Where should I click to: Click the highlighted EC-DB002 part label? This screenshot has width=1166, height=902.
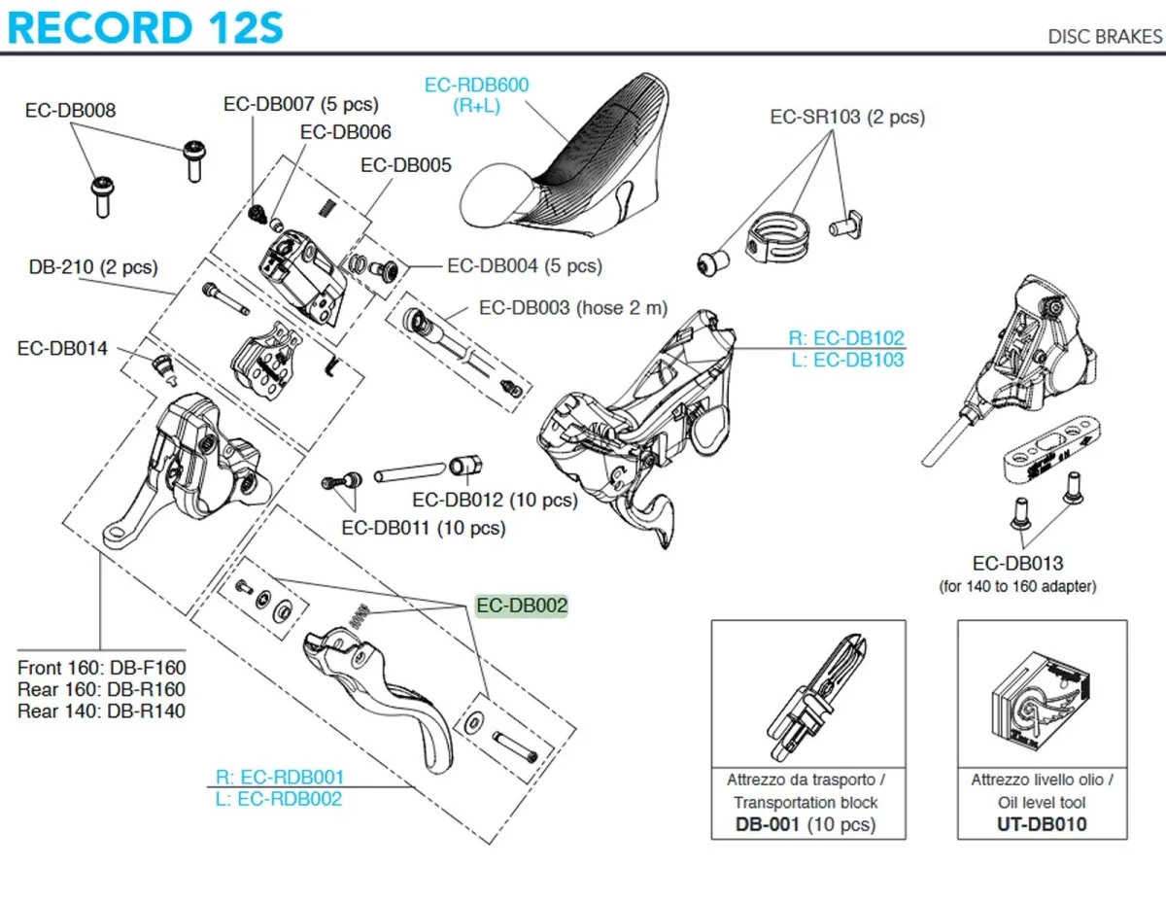point(522,606)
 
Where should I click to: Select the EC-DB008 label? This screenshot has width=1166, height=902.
point(70,110)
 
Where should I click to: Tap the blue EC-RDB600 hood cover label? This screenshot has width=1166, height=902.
point(476,95)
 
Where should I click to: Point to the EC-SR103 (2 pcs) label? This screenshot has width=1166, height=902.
point(847,117)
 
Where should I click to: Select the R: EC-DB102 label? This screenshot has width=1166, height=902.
point(845,338)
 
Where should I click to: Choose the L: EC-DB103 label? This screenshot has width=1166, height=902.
point(845,360)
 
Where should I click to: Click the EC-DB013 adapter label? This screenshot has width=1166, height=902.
point(1017,563)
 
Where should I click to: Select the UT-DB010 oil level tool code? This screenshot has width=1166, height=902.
point(1042,824)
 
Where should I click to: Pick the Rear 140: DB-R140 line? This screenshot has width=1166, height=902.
point(101,711)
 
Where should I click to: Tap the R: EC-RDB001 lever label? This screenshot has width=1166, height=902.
point(279,778)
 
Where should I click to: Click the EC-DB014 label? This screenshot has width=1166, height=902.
point(62,348)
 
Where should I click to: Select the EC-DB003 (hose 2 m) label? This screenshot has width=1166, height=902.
point(573,307)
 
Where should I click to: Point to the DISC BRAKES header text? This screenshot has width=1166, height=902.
point(1105,37)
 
